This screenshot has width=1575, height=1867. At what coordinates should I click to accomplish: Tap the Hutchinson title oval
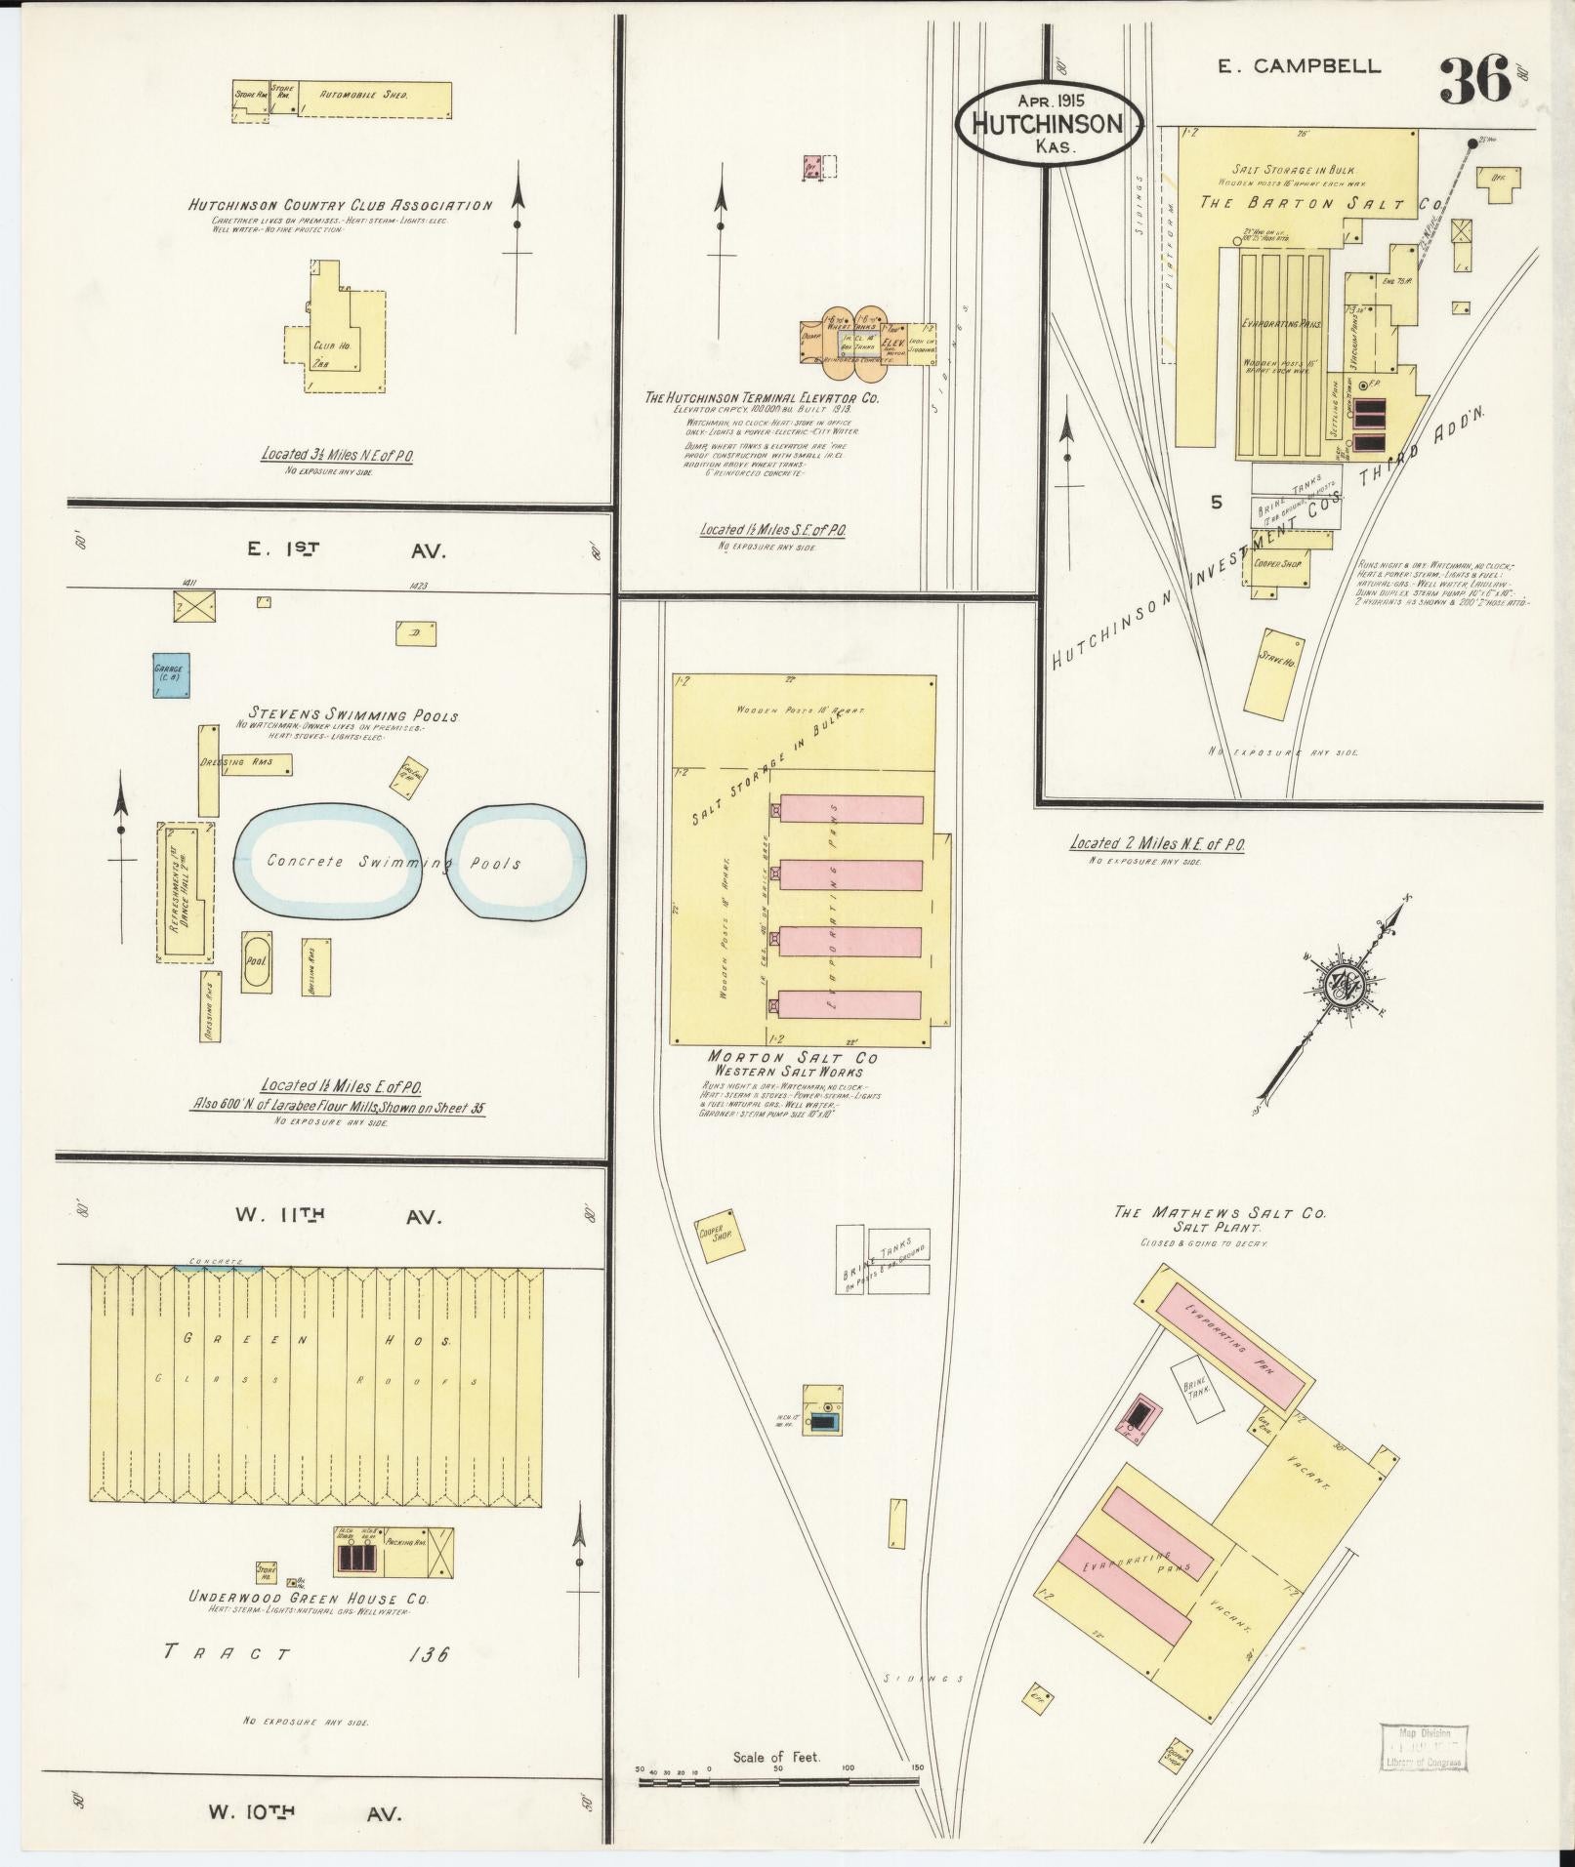(x=1047, y=123)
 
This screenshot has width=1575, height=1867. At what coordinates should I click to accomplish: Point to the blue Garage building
(x=171, y=674)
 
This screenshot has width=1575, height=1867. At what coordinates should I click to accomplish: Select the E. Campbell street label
(x=1299, y=66)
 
